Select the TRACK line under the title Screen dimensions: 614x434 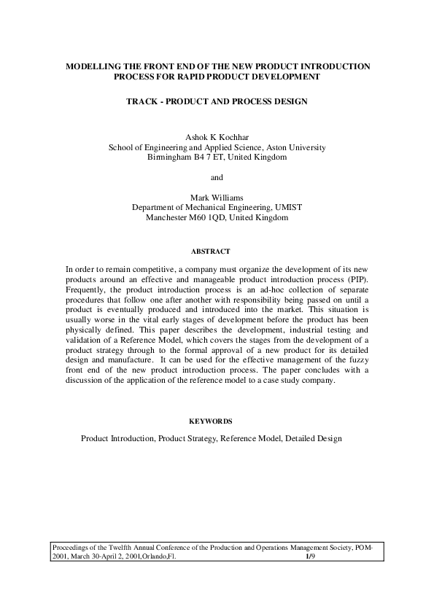pos(217,102)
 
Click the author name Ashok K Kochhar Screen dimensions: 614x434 pos(217,136)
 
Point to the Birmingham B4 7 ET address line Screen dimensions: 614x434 pos(217,157)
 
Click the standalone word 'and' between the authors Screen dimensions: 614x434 pos(217,177)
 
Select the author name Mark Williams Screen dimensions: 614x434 pos(217,197)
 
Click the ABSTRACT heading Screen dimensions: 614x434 pos(217,252)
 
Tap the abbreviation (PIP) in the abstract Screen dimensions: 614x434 pos(356,279)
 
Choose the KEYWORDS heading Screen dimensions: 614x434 pos(217,421)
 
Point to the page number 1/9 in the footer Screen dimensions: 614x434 pos(310,556)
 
